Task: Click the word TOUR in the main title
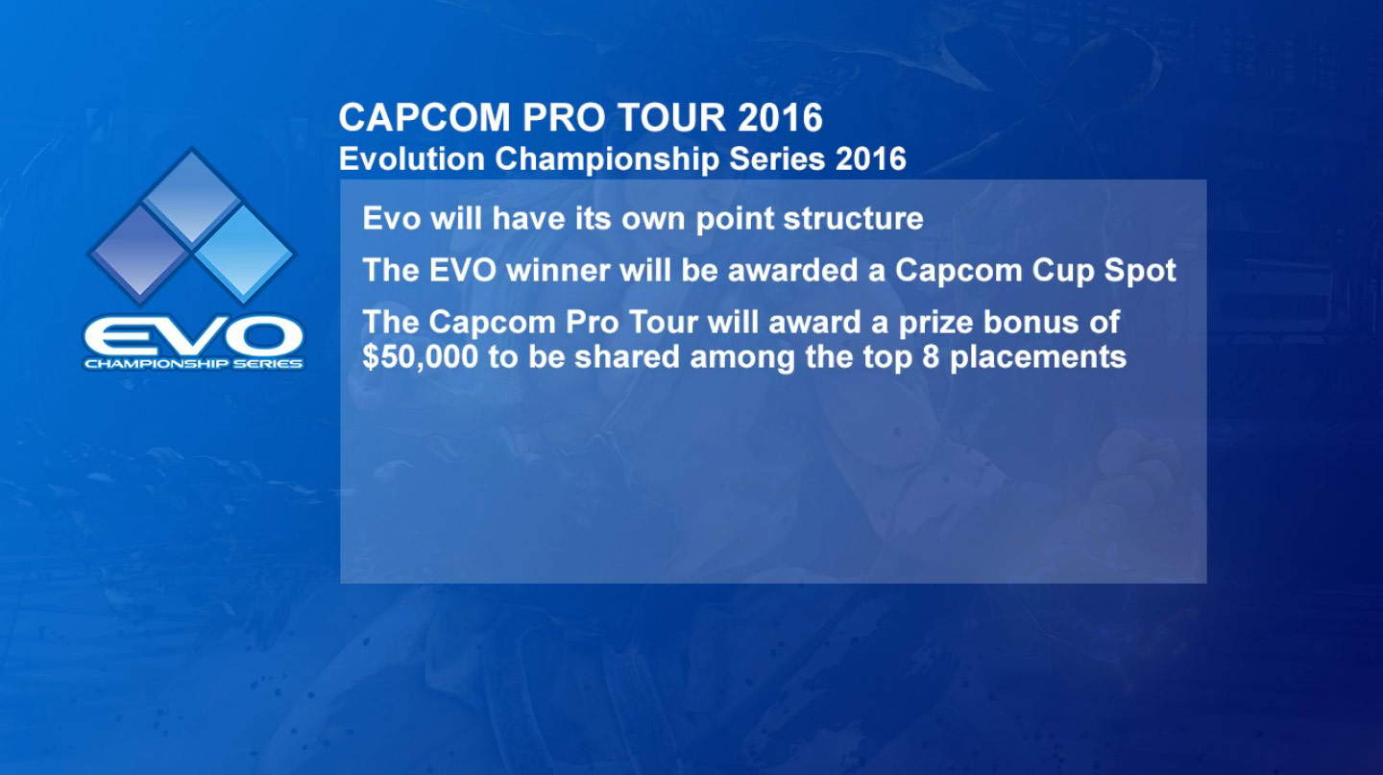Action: pos(662,118)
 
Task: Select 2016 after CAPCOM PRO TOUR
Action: pos(781,118)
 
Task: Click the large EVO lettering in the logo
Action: pos(193,335)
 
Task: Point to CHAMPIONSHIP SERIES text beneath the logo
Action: pos(193,364)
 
